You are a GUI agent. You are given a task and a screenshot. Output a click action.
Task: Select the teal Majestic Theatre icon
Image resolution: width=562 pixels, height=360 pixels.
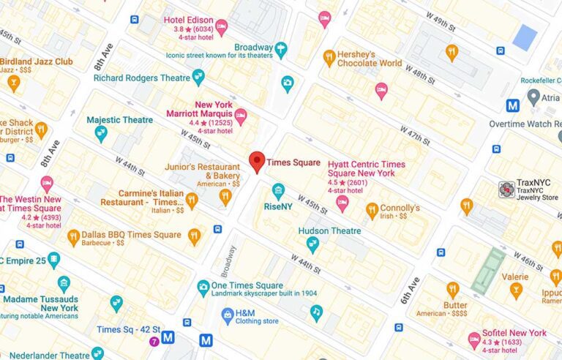pos(101,133)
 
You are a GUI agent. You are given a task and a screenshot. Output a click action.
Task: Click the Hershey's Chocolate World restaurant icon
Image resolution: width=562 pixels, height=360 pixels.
pos(329,58)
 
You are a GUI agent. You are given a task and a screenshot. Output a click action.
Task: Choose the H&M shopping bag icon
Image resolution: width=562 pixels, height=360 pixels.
pos(228,315)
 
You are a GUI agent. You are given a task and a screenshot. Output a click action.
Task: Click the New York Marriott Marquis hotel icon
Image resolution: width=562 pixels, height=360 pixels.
pos(240,116)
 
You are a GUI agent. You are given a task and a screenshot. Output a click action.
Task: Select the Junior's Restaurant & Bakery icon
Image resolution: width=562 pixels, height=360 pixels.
pos(225,195)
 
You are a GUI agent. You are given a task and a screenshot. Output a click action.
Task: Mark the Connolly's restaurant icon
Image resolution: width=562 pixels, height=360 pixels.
pos(372,211)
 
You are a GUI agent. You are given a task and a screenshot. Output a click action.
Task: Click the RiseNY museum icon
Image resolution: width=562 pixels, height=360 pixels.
pos(278,192)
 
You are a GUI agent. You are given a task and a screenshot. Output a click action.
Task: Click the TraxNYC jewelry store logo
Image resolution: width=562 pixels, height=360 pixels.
pos(506,190)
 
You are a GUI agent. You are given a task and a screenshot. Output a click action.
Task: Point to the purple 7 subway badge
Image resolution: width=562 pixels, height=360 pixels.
pos(154,341)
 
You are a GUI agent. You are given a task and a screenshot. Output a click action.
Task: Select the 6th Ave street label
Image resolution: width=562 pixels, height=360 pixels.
pos(411,290)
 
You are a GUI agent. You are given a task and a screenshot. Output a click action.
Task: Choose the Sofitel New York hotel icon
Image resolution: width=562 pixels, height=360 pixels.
pos(474,339)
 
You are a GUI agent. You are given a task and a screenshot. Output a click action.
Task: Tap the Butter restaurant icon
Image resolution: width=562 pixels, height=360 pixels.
pos(453,290)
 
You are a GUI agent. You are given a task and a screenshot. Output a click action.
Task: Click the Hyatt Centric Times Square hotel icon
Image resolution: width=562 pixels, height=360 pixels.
pos(342,203)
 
